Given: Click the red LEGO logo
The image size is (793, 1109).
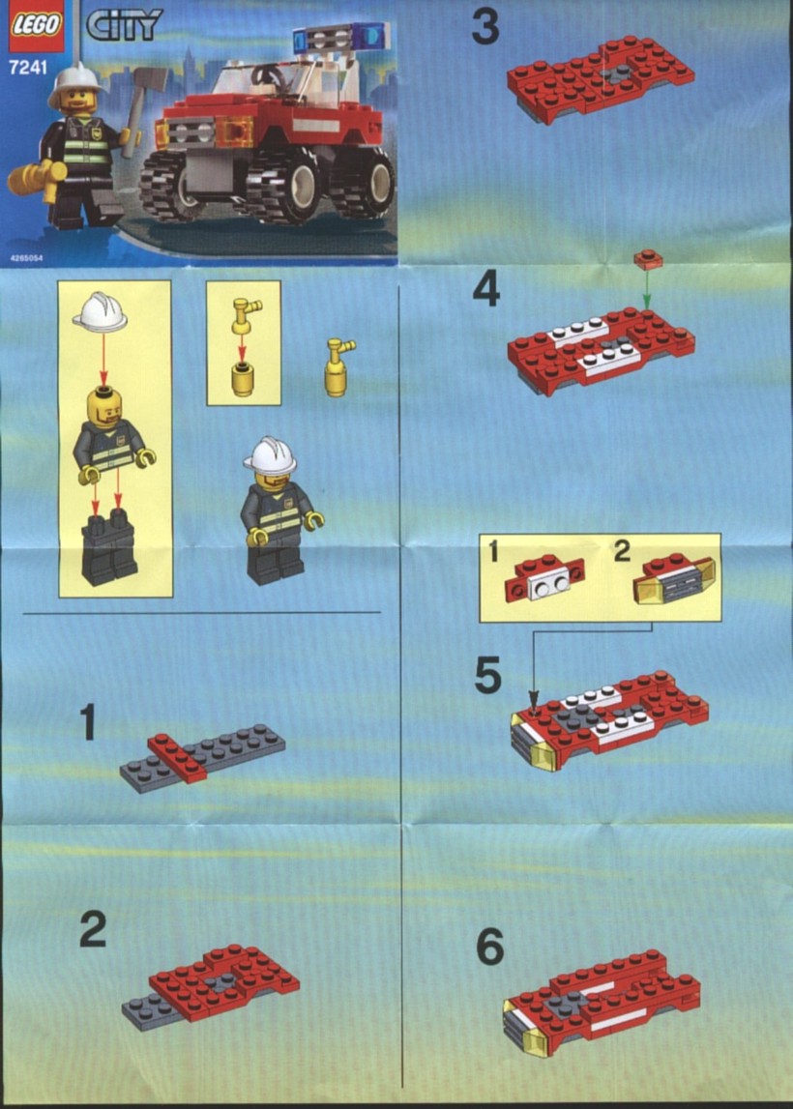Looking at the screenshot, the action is tap(34, 26).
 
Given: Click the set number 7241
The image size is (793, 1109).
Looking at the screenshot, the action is tap(28, 68).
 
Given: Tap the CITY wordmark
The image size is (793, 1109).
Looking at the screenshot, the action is tap(125, 24).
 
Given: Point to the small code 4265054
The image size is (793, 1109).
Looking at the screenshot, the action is tap(26, 258).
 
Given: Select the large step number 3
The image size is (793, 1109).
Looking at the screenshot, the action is tap(485, 28).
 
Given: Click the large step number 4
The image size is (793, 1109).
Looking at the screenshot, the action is tap(486, 290).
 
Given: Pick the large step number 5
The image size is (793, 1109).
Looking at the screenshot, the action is tap(488, 676).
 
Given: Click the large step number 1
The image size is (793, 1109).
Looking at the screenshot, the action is tap(88, 721).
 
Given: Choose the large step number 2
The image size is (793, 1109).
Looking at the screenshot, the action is tap(93, 929).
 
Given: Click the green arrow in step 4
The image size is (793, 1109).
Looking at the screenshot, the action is tap(646, 290).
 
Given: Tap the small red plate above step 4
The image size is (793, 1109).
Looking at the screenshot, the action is tap(648, 259).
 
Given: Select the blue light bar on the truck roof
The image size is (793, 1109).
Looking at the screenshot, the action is tap(341, 35).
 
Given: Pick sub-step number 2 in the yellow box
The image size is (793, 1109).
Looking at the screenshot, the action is tap(622, 551).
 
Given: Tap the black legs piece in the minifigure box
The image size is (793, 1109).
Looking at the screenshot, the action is tap(108, 547).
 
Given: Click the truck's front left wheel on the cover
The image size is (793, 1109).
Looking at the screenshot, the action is tap(171, 187).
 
